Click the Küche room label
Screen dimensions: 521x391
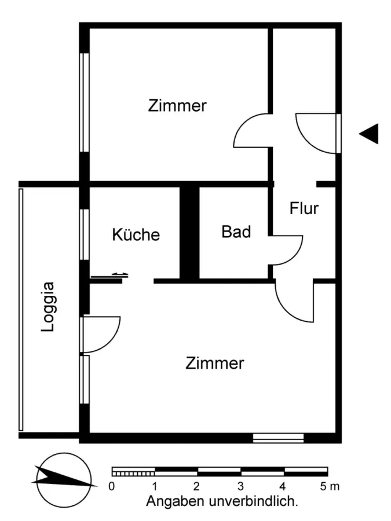coord(136,234)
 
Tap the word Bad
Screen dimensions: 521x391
coord(236,232)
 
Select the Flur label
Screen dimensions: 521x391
coord(304,208)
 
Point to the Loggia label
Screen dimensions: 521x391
coord(49,306)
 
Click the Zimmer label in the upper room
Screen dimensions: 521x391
coord(177,106)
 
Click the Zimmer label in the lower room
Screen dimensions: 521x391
coord(215,364)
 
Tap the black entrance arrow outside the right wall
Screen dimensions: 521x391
coord(369,134)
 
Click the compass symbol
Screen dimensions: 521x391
coord(63,478)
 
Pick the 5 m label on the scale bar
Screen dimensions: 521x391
coord(331,486)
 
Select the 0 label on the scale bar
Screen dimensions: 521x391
coord(112,486)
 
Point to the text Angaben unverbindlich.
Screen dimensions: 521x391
coord(222,501)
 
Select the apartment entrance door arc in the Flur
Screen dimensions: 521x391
coord(316,133)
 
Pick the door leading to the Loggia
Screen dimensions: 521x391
coord(101,335)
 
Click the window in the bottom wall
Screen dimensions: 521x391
coord(278,438)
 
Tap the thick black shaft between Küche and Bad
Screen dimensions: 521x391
coord(189,233)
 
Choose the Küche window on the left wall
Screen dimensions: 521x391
coord(85,234)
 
